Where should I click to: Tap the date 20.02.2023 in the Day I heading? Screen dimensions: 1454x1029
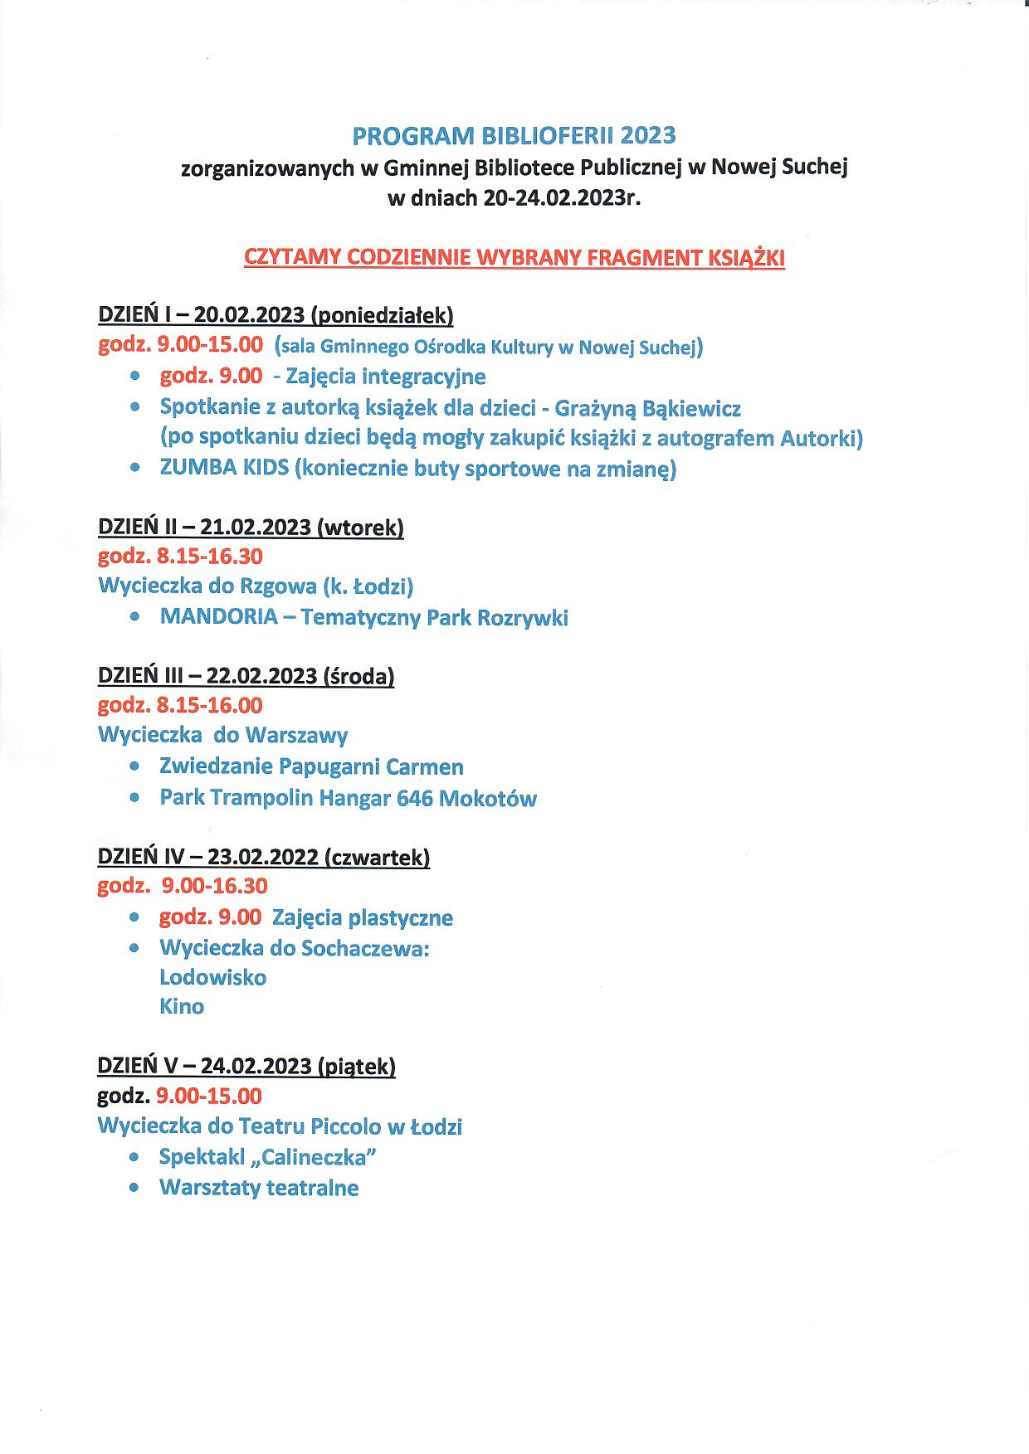pyautogui.click(x=249, y=315)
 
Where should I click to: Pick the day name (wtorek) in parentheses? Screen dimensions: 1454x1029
pyautogui.click(x=360, y=528)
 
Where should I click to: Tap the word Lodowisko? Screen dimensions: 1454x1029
pyautogui.click(x=212, y=977)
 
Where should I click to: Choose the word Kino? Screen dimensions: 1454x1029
pyautogui.click(x=181, y=1006)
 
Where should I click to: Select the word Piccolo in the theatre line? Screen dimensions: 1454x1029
pyautogui.click(x=346, y=1126)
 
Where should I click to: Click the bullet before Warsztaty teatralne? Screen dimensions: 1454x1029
pyautogui.click(x=134, y=1188)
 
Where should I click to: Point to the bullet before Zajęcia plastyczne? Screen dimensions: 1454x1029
pyautogui.click(x=134, y=918)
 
